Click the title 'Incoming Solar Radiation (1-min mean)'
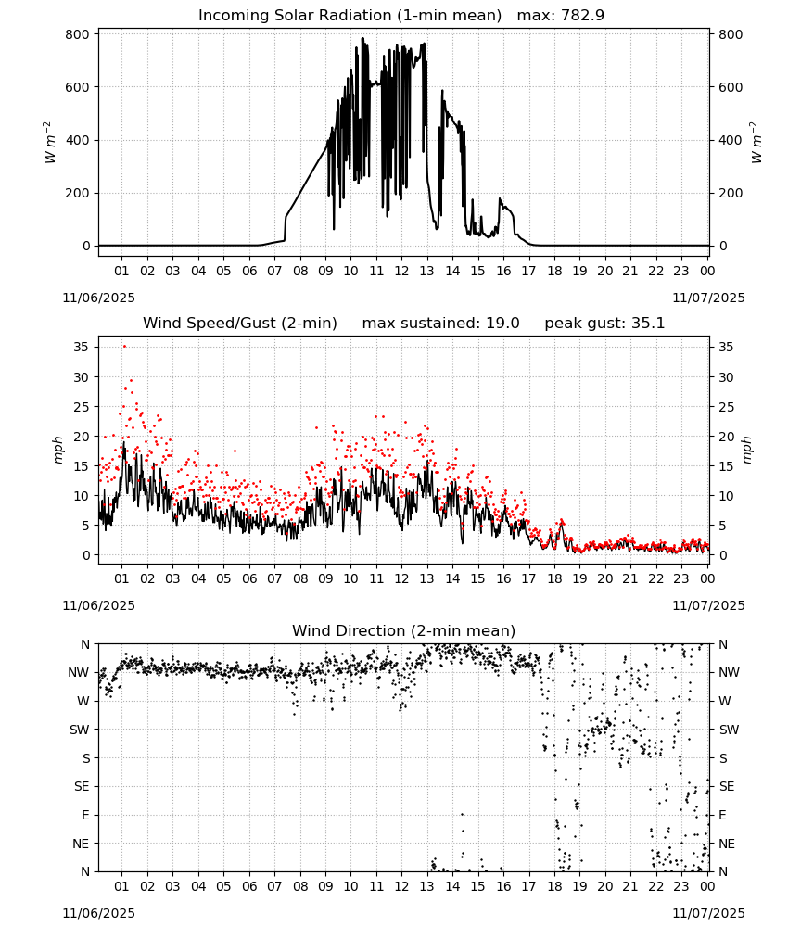point(350,16)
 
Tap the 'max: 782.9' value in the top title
point(561,16)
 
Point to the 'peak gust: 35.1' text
point(604,324)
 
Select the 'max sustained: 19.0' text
point(441,324)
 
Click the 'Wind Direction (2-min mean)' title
point(404,630)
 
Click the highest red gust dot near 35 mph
point(124,347)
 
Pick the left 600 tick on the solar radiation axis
point(78,87)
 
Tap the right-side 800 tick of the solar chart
point(731,35)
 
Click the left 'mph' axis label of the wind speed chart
point(57,450)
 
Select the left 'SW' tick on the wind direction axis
point(80,730)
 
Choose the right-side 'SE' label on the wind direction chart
point(727,787)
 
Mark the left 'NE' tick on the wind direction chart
point(81,844)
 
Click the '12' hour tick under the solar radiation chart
point(401,272)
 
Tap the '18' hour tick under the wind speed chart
point(554,578)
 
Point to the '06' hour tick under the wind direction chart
point(249,887)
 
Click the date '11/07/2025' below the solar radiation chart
point(709,298)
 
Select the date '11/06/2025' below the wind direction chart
point(98,913)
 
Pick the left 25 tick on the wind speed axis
point(82,407)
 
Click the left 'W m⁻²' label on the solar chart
point(50,143)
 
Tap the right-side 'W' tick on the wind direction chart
point(725,702)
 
